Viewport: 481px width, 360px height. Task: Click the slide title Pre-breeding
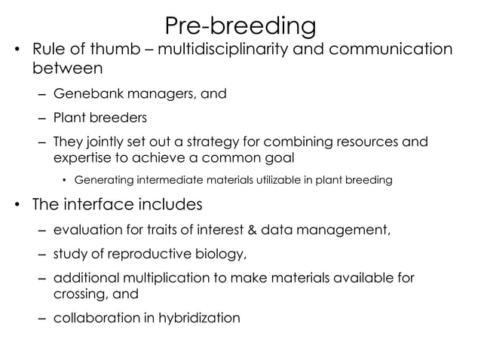coord(240,26)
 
